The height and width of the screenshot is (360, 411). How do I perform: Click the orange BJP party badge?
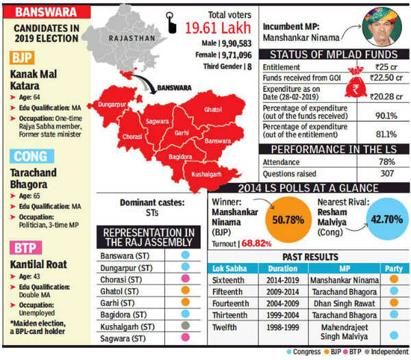(22, 57)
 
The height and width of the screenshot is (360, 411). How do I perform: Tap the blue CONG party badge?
(32, 156)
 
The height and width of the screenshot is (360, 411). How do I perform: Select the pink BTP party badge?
(26, 248)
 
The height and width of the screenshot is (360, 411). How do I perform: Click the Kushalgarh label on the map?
(206, 175)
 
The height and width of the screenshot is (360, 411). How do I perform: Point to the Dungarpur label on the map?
(112, 105)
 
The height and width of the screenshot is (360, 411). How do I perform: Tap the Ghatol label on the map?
(213, 110)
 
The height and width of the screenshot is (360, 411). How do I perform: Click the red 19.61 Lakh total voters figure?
(218, 28)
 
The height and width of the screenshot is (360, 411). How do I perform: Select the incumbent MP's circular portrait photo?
(382, 27)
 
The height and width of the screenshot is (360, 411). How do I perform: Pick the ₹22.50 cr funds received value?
(386, 78)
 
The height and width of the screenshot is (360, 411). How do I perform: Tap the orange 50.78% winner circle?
(288, 219)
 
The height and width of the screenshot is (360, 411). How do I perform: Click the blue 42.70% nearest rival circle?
(387, 219)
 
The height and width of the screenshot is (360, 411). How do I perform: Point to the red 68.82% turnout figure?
(256, 244)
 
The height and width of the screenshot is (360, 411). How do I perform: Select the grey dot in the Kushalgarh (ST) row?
(186, 326)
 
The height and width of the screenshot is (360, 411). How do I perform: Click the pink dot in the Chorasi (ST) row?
(186, 279)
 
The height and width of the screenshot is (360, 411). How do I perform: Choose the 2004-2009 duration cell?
(282, 303)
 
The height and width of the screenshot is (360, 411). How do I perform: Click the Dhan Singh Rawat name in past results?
(344, 304)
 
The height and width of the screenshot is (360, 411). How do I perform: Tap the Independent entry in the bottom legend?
(386, 352)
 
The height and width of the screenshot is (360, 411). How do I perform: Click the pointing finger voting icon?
(171, 23)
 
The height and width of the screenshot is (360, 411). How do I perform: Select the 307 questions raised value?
(387, 173)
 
